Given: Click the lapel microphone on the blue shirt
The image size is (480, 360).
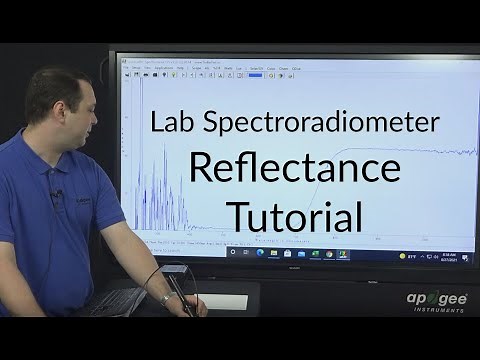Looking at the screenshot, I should click(58, 193).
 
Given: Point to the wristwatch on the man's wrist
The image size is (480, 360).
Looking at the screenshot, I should click(166, 298).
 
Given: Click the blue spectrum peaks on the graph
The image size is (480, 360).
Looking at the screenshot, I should click(150, 190).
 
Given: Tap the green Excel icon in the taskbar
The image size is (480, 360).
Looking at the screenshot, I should click(314, 255).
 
